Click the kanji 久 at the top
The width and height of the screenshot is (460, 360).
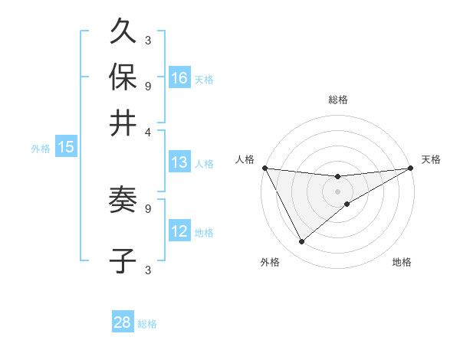[123, 31]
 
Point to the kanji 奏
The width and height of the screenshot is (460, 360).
[123, 201]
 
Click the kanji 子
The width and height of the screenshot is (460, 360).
[123, 260]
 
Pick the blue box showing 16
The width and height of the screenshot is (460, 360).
[179, 78]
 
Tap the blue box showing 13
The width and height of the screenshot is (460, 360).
[179, 162]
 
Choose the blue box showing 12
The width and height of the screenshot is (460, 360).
[179, 231]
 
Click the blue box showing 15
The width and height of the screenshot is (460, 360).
[66, 148]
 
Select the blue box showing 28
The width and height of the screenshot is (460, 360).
[123, 322]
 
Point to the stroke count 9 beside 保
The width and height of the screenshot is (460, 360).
[148, 85]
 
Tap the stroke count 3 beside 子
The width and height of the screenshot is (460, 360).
[148, 270]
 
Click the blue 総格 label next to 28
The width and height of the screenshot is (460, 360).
[147, 324]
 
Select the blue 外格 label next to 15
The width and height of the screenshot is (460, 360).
[41, 149]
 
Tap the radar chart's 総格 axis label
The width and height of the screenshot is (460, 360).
[337, 100]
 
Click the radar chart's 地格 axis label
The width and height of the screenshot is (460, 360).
[402, 262]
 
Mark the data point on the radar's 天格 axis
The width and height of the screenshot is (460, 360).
[410, 168]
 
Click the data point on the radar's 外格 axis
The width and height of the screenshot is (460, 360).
[301, 241]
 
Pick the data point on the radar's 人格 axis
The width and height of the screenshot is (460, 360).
[264, 168]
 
